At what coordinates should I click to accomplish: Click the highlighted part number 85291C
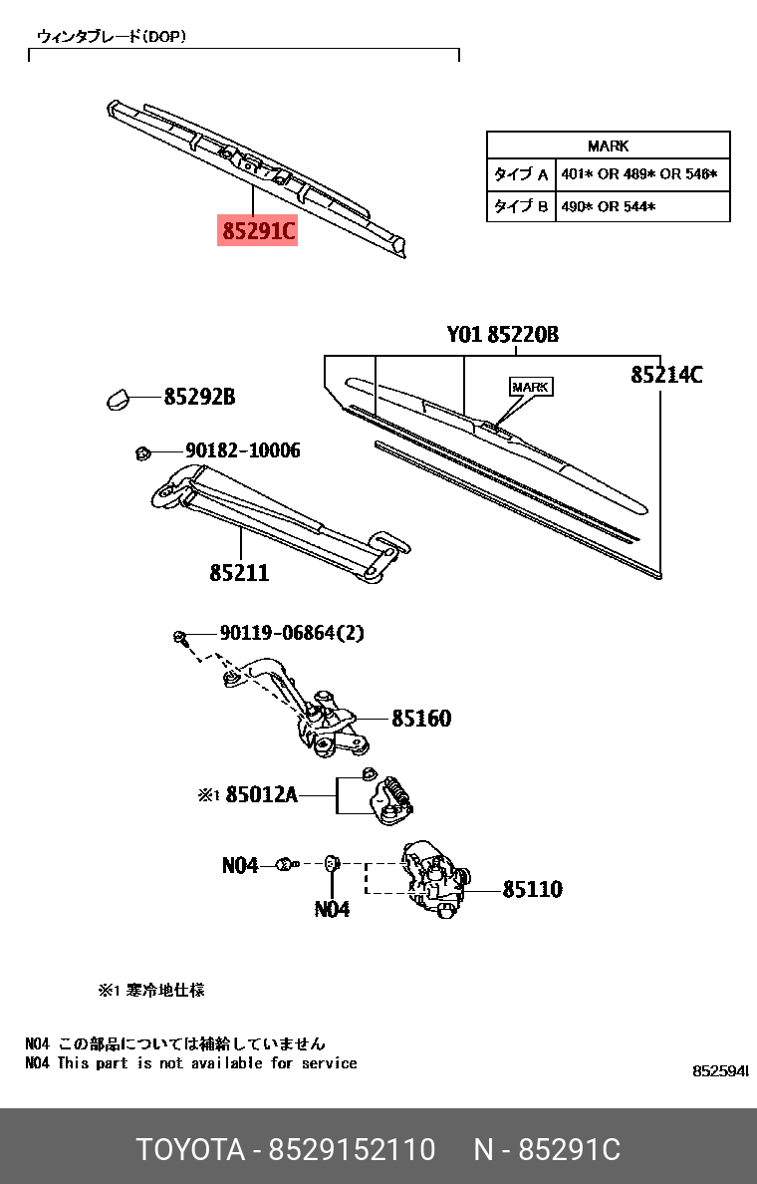(x=258, y=231)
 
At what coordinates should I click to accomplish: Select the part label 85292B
(x=199, y=397)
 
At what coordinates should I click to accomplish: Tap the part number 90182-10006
(x=242, y=450)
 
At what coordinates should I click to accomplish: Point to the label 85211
(x=239, y=573)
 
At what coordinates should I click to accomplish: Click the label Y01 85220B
(x=502, y=335)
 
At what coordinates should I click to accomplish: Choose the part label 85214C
(x=666, y=375)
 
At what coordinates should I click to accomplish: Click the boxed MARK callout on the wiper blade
(x=530, y=387)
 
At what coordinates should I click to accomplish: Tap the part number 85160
(x=420, y=718)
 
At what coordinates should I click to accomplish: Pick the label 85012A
(x=261, y=795)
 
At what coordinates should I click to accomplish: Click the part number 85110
(x=532, y=889)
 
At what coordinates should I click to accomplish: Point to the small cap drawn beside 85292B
(x=118, y=398)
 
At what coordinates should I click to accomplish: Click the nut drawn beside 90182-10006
(x=141, y=453)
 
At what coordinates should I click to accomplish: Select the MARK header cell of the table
(x=608, y=146)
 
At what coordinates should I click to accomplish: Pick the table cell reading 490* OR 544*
(x=608, y=207)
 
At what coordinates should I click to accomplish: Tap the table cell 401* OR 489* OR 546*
(x=637, y=175)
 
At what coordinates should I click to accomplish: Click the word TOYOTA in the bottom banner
(x=190, y=1150)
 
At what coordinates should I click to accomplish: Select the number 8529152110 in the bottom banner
(x=353, y=1150)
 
